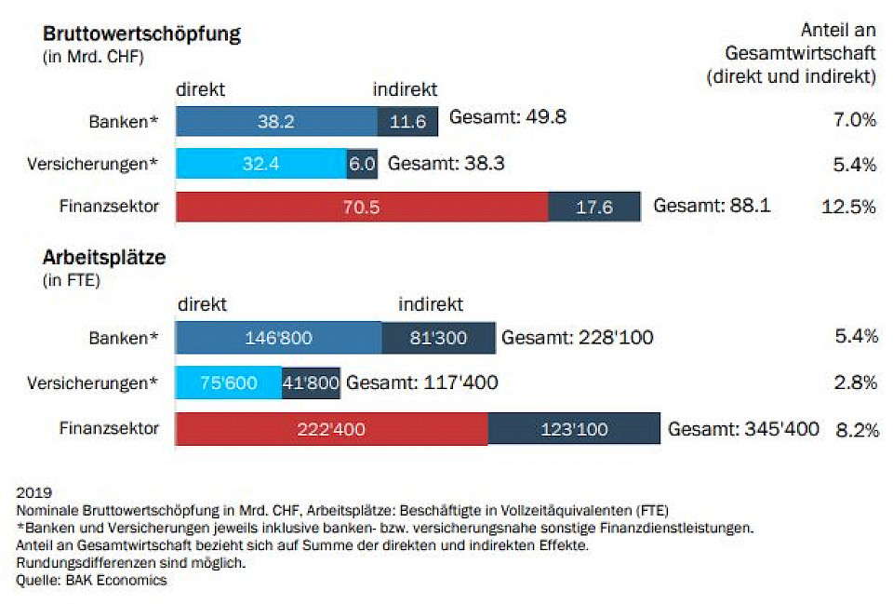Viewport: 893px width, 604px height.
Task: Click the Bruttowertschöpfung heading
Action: pyautogui.click(x=141, y=34)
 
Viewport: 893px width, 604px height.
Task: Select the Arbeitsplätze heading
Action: pyautogui.click(x=104, y=257)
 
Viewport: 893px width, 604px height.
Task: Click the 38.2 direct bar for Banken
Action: pyautogui.click(x=276, y=120)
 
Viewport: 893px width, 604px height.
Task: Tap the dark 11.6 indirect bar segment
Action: pyautogui.click(x=407, y=120)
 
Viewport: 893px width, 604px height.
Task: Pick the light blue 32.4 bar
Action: pyautogui.click(x=260, y=164)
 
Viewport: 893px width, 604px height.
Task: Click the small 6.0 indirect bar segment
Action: pyautogui.click(x=362, y=164)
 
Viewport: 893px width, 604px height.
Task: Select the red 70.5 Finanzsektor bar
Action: pyautogui.click(x=361, y=207)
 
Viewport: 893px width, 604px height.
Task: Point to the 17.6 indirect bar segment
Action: pyautogui.click(x=594, y=207)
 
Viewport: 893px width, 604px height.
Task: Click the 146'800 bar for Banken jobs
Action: pyautogui.click(x=278, y=338)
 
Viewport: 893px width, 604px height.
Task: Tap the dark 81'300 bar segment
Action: pyautogui.click(x=437, y=338)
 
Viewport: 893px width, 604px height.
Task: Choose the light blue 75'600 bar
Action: pyautogui.click(x=228, y=383)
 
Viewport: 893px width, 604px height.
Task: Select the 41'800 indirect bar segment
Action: pyautogui.click(x=311, y=383)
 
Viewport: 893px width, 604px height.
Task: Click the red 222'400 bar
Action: pyautogui.click(x=331, y=429)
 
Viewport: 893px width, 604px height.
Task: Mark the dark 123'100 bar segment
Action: pyautogui.click(x=573, y=429)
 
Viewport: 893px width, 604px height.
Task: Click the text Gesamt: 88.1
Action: pyautogui.click(x=712, y=206)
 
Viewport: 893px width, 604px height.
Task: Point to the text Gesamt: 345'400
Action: pyautogui.click(x=743, y=429)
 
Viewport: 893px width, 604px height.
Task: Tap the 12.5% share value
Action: pyautogui.click(x=849, y=207)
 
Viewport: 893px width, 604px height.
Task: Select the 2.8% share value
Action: pyautogui.click(x=856, y=383)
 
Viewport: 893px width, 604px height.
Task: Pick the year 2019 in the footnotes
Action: pyautogui.click(x=33, y=491)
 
